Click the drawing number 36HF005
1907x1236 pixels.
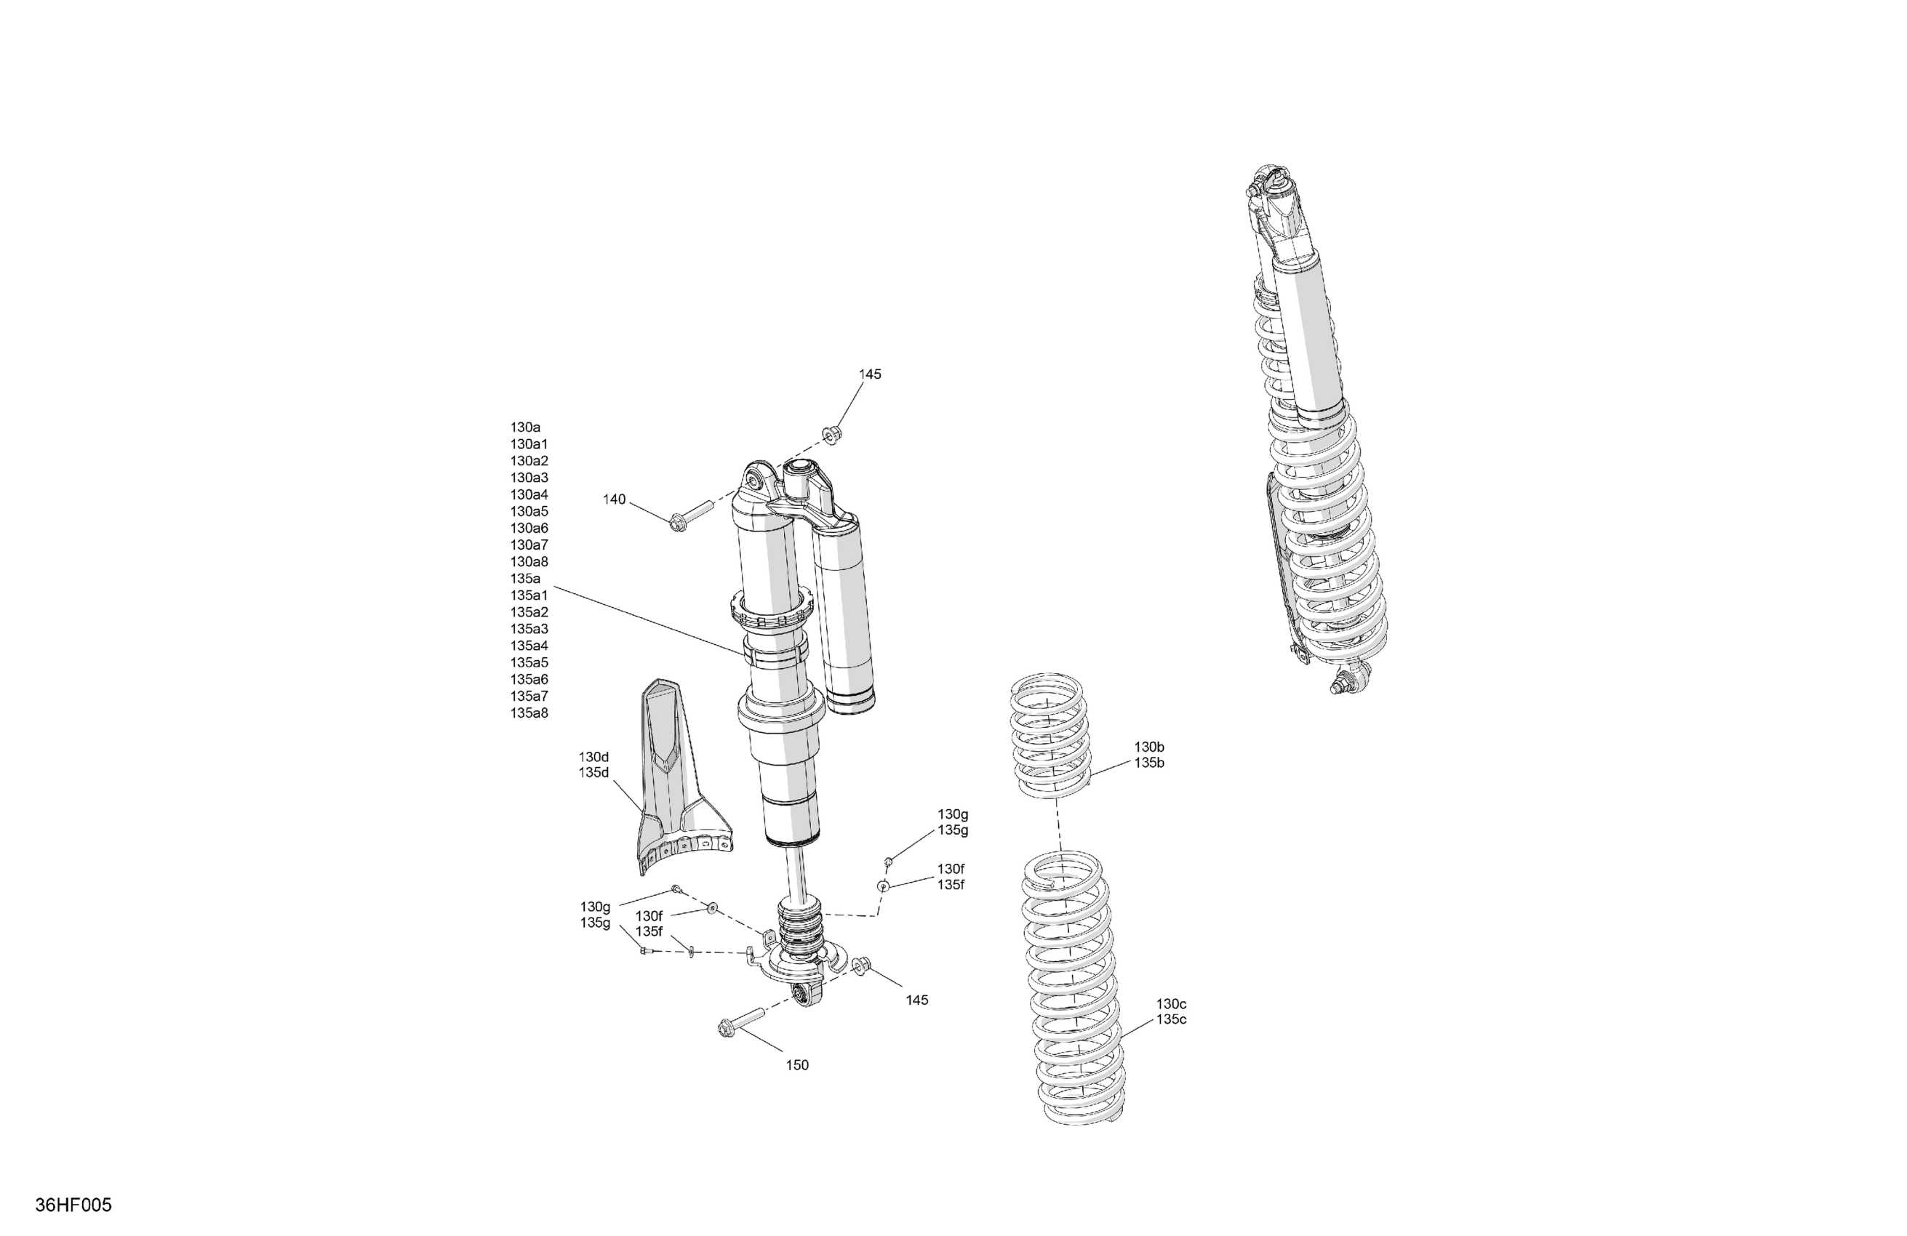click(x=73, y=1205)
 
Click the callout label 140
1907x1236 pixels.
click(x=614, y=499)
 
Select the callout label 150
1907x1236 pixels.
click(x=797, y=1065)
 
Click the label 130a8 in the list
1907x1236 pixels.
click(x=529, y=561)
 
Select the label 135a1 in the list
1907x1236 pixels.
click(x=529, y=595)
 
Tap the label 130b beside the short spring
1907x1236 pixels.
click(x=1149, y=747)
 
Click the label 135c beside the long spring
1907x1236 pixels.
click(x=1171, y=1020)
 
